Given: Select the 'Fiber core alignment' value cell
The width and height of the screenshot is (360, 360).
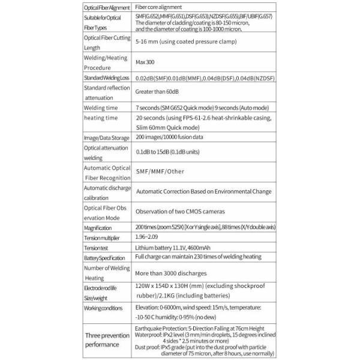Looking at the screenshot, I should coord(158,6).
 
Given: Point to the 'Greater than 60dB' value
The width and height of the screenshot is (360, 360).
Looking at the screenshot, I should coord(159,92).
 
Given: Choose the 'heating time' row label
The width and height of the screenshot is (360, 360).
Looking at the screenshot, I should coord(101,118).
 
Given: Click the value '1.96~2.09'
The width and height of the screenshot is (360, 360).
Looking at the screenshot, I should coord(148,238).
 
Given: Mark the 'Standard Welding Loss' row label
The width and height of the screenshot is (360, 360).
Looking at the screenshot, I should coord(107,79).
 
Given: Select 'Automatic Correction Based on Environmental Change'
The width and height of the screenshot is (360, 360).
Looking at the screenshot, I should coord(203,192).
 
